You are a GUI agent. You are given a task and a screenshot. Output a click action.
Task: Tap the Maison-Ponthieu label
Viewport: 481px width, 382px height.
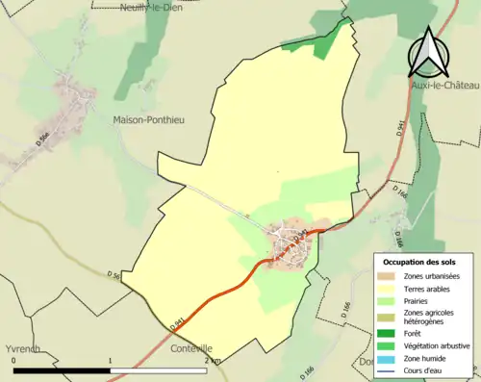148,120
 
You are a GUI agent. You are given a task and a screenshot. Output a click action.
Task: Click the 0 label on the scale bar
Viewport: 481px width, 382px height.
13,360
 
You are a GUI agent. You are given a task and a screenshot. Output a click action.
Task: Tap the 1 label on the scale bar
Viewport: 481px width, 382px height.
110,360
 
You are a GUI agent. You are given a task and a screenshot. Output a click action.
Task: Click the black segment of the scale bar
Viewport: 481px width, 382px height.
62,369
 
